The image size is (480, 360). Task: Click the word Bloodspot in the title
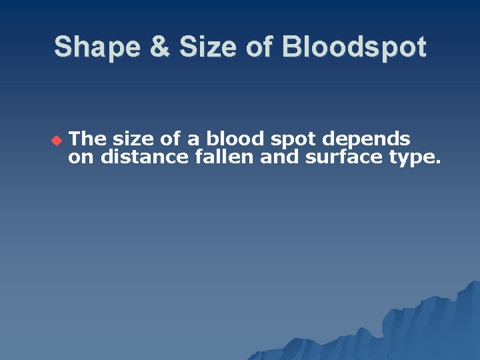coord(353,47)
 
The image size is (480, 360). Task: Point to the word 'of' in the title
coord(258,47)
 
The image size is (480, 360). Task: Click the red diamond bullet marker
coord(56,140)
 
